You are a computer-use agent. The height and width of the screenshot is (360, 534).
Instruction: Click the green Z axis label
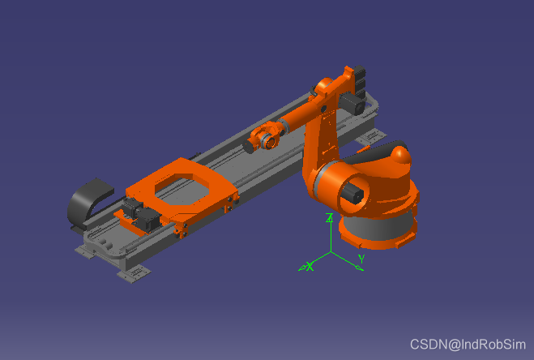[x=329, y=218]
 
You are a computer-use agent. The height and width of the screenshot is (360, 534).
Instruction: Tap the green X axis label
[x=309, y=266]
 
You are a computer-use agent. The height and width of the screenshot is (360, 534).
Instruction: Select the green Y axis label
[x=361, y=259]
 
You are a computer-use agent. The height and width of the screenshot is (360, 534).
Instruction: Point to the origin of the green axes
[x=331, y=252]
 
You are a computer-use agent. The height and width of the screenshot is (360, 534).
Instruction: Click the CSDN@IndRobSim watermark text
[x=468, y=345]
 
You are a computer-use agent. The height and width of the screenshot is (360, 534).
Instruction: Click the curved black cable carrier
[x=85, y=201]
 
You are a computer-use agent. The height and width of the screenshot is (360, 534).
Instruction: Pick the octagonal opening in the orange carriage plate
[x=182, y=188]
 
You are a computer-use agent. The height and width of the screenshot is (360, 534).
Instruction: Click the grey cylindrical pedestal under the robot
[x=378, y=227]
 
